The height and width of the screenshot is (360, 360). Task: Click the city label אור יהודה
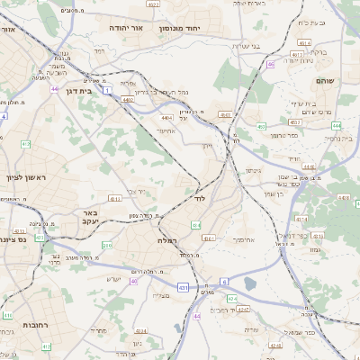click(132, 29)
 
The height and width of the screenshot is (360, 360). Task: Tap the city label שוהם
click(326, 81)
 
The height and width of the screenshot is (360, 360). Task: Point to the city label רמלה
click(168, 241)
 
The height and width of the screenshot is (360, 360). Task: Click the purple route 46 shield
click(270, 64)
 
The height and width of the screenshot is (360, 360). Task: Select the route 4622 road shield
click(154, 4)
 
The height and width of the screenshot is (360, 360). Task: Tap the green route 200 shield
click(106, 245)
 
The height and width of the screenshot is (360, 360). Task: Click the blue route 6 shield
click(223, 282)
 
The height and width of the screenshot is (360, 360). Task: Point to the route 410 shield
click(7, 316)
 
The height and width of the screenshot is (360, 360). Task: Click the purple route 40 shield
click(133, 282)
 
